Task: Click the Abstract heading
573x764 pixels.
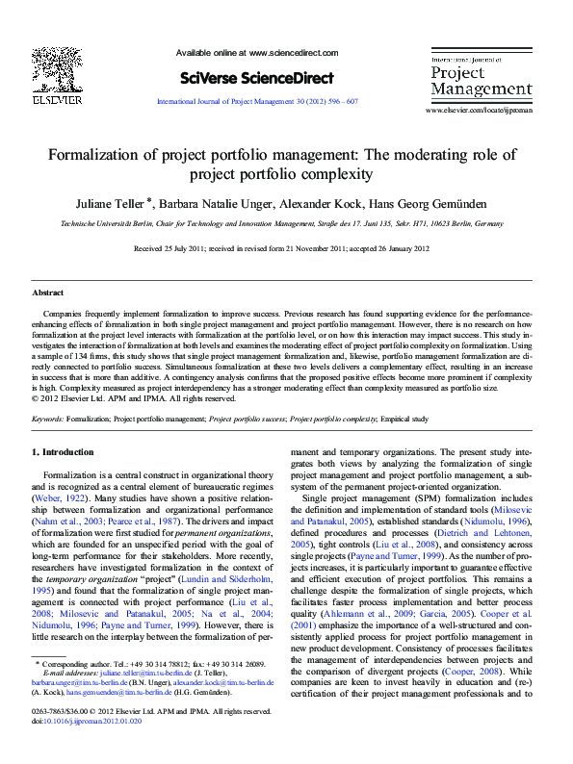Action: [48, 293]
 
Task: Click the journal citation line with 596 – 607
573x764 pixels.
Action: [257, 101]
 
